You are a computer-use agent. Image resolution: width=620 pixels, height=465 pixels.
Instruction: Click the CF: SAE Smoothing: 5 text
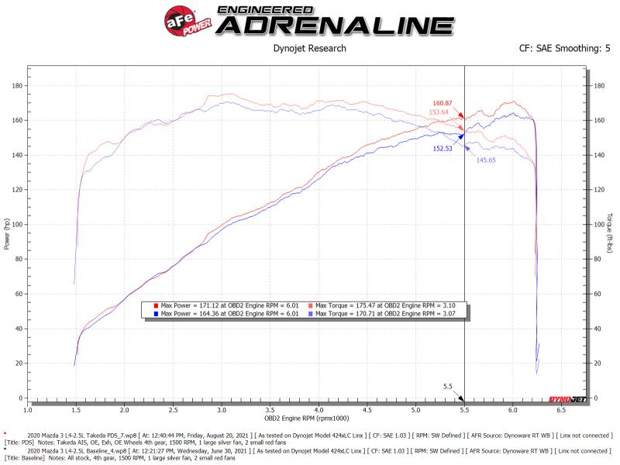coord(565,48)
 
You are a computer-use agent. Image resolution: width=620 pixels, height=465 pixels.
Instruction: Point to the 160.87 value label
coord(443,103)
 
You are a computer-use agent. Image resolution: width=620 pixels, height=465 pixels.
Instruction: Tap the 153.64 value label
coord(439,112)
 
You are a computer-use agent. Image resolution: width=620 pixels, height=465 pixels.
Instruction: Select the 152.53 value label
coord(443,147)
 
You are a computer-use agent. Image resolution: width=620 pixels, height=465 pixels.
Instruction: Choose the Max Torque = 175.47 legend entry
coord(380,306)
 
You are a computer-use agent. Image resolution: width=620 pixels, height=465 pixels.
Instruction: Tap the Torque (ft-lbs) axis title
coord(611,232)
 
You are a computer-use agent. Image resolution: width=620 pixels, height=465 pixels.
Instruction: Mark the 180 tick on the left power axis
coord(15,86)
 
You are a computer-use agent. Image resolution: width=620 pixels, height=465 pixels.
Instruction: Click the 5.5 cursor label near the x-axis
coord(447,386)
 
